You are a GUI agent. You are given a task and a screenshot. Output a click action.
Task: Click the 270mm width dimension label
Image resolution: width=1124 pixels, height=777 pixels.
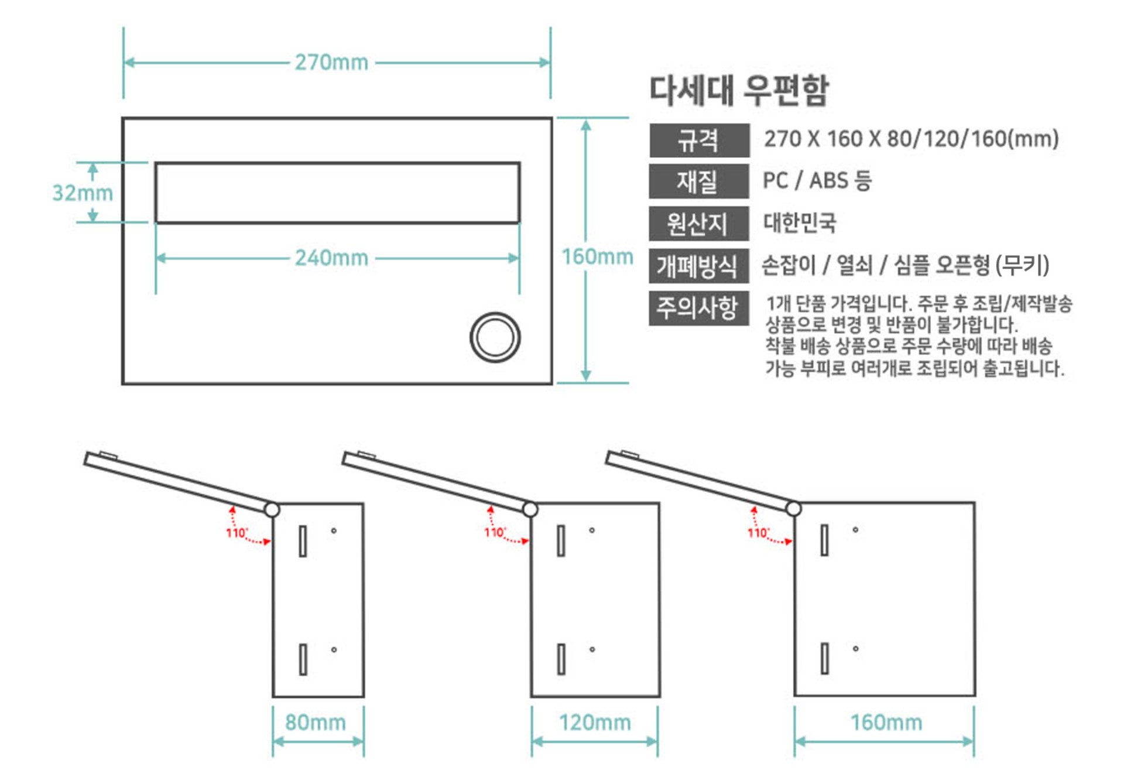click(331, 62)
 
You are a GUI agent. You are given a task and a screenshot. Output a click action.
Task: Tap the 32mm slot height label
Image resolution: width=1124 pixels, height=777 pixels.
click(83, 193)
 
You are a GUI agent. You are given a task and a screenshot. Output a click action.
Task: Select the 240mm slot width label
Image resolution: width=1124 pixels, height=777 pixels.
click(331, 258)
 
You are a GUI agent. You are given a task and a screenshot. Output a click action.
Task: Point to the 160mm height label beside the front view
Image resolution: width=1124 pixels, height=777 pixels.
click(597, 256)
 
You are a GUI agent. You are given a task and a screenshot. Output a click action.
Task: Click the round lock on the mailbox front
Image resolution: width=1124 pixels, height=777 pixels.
click(495, 337)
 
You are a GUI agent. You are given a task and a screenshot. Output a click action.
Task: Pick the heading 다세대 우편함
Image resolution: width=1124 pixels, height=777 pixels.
click(739, 90)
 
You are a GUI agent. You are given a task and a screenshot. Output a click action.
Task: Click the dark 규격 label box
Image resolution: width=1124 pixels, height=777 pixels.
click(699, 140)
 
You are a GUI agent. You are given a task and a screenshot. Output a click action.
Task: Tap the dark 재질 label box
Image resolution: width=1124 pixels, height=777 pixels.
click(698, 182)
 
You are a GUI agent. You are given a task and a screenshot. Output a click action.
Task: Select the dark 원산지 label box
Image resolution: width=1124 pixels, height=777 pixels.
click(698, 224)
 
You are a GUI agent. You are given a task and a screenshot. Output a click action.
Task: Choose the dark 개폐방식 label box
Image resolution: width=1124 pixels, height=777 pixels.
click(698, 266)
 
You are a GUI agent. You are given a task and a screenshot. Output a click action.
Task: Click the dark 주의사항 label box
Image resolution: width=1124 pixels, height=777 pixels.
click(698, 308)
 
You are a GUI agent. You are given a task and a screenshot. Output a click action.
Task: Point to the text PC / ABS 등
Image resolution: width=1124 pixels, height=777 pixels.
click(817, 180)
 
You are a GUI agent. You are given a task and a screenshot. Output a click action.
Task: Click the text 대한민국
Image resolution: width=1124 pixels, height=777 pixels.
click(800, 223)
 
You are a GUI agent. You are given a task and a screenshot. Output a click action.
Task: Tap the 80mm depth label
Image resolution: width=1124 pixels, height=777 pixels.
click(316, 723)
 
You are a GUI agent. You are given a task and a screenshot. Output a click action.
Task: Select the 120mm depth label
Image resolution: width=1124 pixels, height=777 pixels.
click(595, 723)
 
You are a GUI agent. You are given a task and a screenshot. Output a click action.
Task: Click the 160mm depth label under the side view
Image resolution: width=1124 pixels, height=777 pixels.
click(886, 723)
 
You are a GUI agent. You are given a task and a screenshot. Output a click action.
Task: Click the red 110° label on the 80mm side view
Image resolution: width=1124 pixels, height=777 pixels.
click(237, 533)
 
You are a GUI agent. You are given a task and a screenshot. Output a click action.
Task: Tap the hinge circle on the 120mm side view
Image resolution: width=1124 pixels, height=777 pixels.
click(530, 509)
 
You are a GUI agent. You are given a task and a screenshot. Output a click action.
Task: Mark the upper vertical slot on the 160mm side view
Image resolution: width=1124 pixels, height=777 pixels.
click(824, 540)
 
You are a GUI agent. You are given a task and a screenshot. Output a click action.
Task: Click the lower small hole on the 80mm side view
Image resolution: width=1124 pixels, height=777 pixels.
click(334, 649)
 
